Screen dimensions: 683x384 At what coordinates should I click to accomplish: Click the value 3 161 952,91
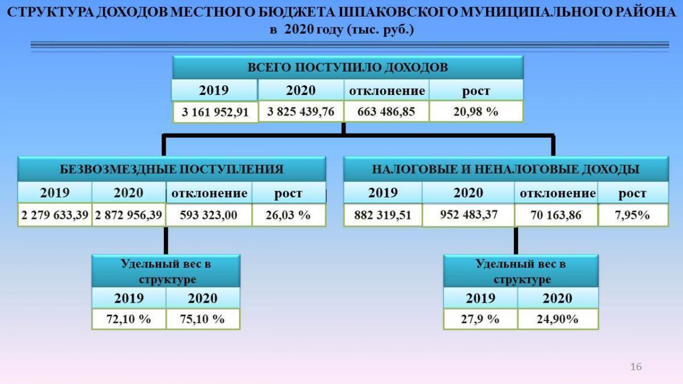(215, 112)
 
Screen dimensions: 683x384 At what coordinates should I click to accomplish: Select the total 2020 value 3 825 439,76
(301, 112)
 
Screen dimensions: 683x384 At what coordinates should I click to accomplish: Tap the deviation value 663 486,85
(386, 112)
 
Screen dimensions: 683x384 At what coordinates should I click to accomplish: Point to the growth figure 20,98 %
(476, 112)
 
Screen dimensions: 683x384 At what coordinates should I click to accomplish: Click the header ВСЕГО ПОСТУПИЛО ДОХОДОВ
(348, 67)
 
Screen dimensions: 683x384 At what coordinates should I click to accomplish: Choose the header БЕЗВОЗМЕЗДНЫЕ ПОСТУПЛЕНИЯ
(172, 169)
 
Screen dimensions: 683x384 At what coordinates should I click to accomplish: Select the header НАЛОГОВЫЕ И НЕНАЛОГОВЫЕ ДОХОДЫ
(505, 169)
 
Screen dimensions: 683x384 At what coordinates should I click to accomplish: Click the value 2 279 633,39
(55, 215)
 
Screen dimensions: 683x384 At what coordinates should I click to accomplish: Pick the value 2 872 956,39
(129, 215)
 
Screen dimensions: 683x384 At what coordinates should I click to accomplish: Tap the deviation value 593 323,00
(208, 215)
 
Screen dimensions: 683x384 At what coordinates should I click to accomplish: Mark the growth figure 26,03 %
(288, 215)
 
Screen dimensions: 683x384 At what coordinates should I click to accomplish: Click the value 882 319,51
(382, 215)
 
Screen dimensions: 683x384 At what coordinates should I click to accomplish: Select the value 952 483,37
(468, 214)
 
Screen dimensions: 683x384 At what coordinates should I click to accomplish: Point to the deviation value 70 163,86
(556, 215)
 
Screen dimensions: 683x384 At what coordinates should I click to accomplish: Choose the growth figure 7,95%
(632, 215)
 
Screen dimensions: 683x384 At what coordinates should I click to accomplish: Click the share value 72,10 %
(129, 319)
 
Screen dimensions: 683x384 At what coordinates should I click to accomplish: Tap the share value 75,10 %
(202, 319)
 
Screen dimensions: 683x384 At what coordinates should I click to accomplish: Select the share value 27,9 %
(480, 319)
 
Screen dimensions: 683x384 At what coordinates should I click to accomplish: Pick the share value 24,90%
(557, 319)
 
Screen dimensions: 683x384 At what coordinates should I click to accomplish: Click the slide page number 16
(636, 366)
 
